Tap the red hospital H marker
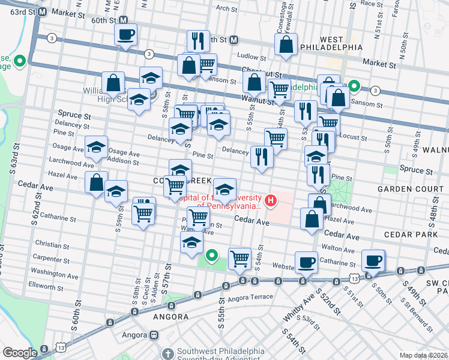click(x=271, y=200)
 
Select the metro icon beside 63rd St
click(x=42, y=11)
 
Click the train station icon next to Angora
click(x=154, y=335)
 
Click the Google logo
click(x=20, y=353)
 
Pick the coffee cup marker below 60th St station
click(x=126, y=34)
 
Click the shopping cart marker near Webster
click(x=240, y=259)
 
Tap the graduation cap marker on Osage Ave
click(x=97, y=147)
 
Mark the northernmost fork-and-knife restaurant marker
click(x=198, y=41)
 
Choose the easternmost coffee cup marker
click(x=373, y=260)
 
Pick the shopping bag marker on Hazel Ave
click(x=97, y=182)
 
